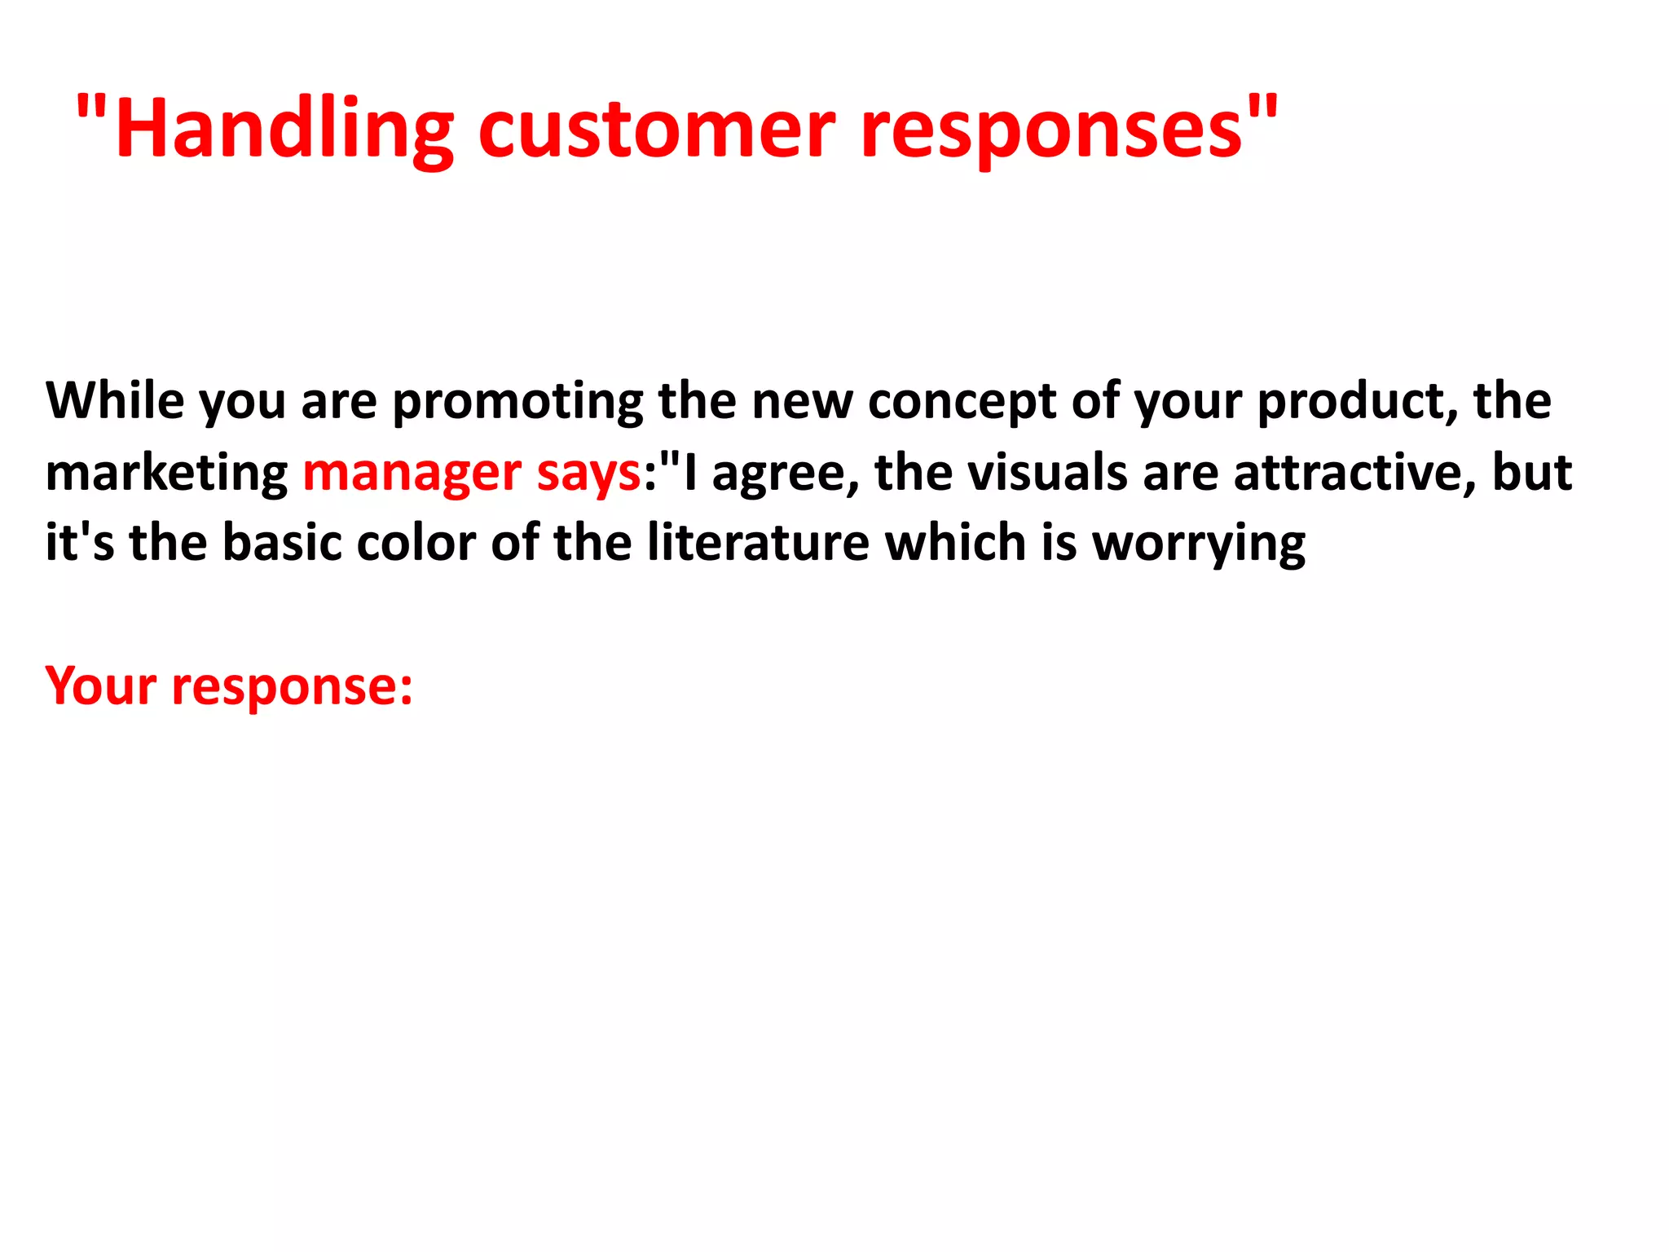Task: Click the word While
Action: click(x=115, y=401)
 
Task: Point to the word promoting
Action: click(x=518, y=403)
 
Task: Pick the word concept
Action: click(x=962, y=403)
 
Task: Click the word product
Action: click(x=1358, y=403)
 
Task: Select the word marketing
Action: click(x=166, y=474)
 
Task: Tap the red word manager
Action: click(x=412, y=474)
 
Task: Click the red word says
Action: click(x=588, y=474)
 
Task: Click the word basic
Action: click(x=282, y=543)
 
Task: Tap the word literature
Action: click(x=758, y=543)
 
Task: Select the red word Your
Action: click(x=100, y=686)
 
